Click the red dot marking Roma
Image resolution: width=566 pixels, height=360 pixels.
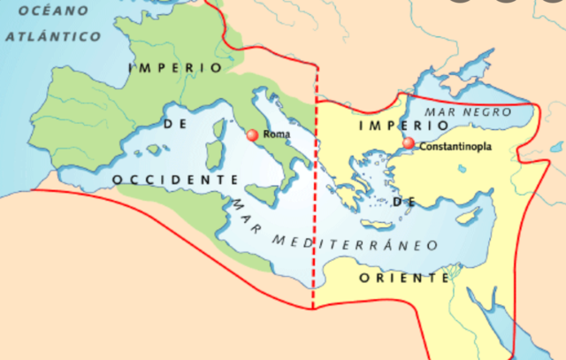pyautogui.click(x=252, y=135)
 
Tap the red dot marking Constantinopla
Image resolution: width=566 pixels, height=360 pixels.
pyautogui.click(x=408, y=143)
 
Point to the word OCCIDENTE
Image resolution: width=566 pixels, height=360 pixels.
pyautogui.click(x=175, y=180)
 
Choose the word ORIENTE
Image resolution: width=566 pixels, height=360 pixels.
pyautogui.click(x=404, y=278)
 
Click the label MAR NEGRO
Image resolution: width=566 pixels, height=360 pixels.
pyautogui.click(x=469, y=112)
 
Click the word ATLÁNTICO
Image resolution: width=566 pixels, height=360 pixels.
pyautogui.click(x=53, y=37)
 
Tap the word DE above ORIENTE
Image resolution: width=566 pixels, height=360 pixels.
pyautogui.click(x=404, y=202)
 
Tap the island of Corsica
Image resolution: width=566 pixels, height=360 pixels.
pyautogui.click(x=216, y=126)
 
